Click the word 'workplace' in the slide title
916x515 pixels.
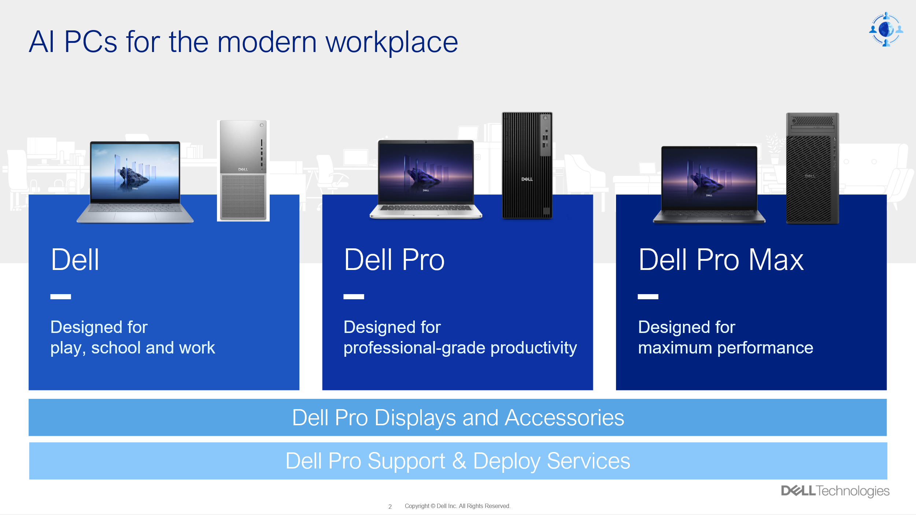392,43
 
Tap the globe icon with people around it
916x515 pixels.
886,29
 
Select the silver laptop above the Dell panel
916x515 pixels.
135,182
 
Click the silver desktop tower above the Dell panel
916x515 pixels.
243,170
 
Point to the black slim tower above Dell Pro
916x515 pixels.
527,165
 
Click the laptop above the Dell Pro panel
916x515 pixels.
426,179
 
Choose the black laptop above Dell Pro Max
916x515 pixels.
709,184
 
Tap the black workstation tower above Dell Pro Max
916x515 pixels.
812,168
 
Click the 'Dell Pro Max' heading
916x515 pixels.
721,260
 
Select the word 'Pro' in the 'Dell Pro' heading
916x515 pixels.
423,260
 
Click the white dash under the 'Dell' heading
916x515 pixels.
61,297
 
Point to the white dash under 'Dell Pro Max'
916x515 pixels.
648,297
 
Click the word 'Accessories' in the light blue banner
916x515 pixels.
564,418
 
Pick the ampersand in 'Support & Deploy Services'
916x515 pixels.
459,461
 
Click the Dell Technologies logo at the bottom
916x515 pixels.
835,491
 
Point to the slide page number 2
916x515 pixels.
390,507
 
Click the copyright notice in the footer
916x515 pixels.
457,506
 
